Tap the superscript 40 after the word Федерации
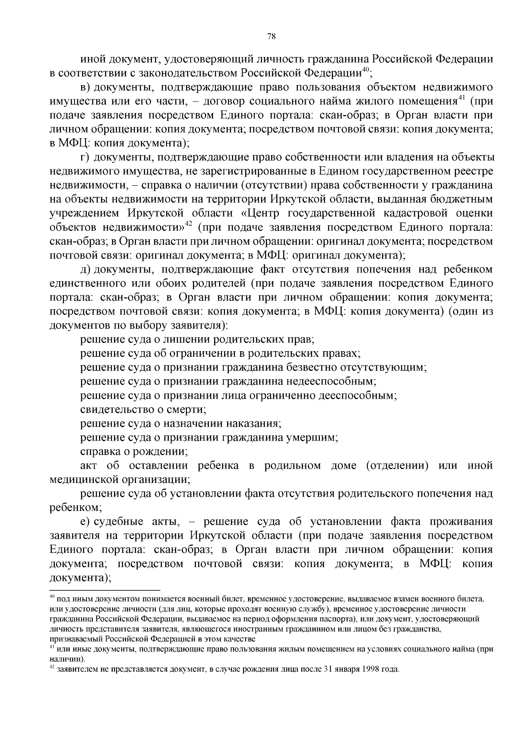pos(365,69)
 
